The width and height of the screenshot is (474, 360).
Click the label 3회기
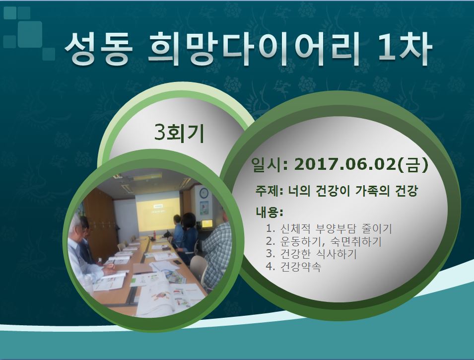point(179,133)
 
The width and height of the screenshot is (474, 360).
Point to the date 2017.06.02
point(345,164)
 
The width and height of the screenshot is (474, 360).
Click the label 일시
point(267,165)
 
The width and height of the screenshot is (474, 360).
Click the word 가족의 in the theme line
point(373,191)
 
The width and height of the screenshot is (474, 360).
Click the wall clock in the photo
point(204,193)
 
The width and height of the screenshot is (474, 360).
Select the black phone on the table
point(178,263)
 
